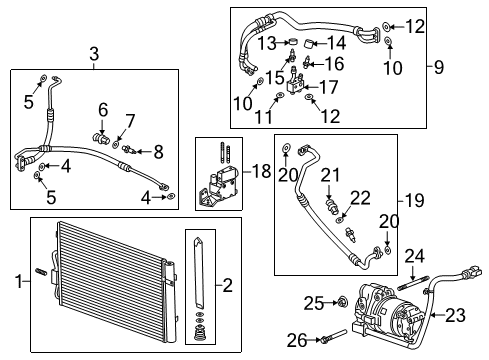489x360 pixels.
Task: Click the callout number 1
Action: point(11,283)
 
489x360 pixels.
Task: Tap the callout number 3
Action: point(94,53)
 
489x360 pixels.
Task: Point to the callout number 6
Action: point(103,108)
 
